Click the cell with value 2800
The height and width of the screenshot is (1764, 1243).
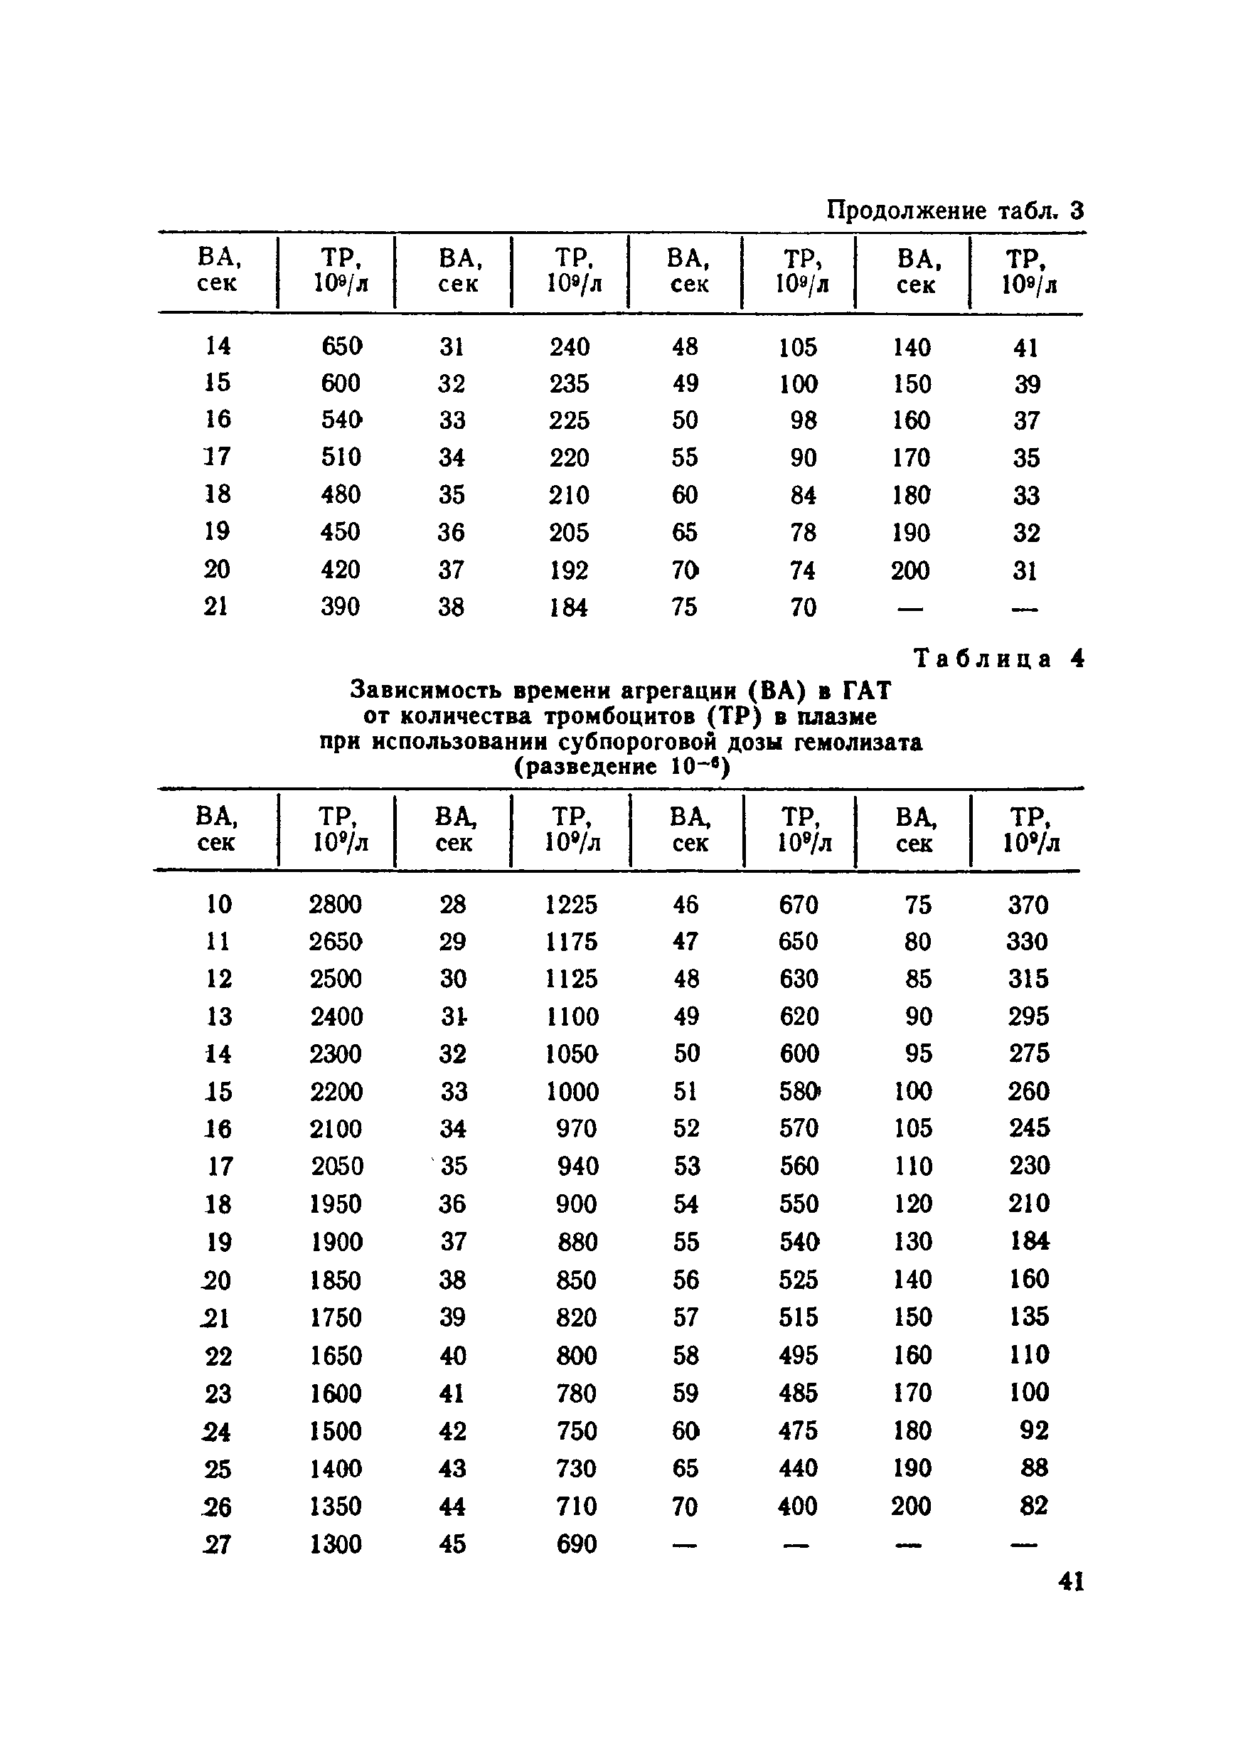pyautogui.click(x=336, y=904)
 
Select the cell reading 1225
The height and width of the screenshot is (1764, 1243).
pyautogui.click(x=571, y=904)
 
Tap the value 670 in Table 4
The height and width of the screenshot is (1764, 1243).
pyautogui.click(x=798, y=904)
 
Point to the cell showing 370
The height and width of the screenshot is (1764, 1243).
pyautogui.click(x=1028, y=904)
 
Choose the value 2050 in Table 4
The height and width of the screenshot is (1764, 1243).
pyautogui.click(x=337, y=1167)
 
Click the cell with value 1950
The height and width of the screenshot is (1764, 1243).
pyautogui.click(x=336, y=1204)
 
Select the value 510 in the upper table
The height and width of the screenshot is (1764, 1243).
pyautogui.click(x=341, y=457)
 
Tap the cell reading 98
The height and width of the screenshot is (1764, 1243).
pyautogui.click(x=803, y=420)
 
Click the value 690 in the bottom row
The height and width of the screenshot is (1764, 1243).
pyautogui.click(x=576, y=1544)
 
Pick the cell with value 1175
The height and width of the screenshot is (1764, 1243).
pyautogui.click(x=571, y=942)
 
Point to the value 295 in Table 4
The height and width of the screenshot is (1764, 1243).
pyautogui.click(x=1028, y=1016)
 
